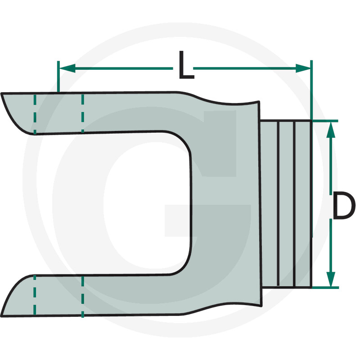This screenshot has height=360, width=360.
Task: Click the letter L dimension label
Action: (185, 66)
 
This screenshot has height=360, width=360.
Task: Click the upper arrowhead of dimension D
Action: (331, 129)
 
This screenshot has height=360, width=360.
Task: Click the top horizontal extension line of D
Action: (324, 121)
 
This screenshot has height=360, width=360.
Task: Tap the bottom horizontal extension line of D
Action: (324, 287)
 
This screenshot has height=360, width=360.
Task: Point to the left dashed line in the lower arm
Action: (35, 295)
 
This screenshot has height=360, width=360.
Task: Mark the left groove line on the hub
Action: (279, 202)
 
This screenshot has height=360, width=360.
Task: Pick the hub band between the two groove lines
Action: (286, 202)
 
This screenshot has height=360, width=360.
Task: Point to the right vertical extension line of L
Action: (311, 90)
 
